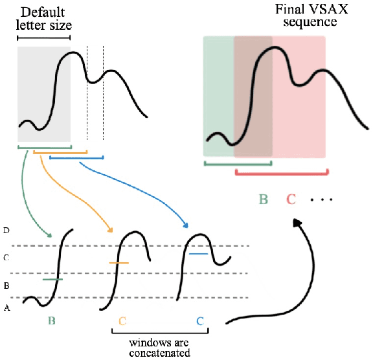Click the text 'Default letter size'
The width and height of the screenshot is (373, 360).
click(x=43, y=19)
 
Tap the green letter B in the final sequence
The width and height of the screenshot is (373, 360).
click(x=264, y=199)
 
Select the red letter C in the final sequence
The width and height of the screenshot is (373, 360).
click(x=291, y=199)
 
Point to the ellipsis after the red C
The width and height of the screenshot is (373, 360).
click(x=321, y=200)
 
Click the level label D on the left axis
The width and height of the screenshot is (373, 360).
click(x=6, y=231)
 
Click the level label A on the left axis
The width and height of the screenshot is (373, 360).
click(x=6, y=309)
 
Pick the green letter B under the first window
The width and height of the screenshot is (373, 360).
click(x=51, y=321)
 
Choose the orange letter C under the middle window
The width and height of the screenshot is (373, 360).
click(x=122, y=321)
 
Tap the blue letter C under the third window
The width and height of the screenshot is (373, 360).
click(x=200, y=321)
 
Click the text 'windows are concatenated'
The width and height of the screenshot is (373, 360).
click(x=159, y=348)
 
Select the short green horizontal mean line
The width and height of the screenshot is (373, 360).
click(x=52, y=280)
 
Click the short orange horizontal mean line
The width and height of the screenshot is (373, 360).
click(x=119, y=263)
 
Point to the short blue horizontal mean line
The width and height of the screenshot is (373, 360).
click(x=198, y=254)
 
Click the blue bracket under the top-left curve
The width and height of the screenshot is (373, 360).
click(x=76, y=157)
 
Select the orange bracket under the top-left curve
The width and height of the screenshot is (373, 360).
click(x=60, y=153)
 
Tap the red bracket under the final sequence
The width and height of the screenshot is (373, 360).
click(x=282, y=172)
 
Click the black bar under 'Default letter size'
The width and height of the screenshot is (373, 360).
click(x=43, y=38)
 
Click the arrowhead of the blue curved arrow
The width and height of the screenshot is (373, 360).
click(x=186, y=226)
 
